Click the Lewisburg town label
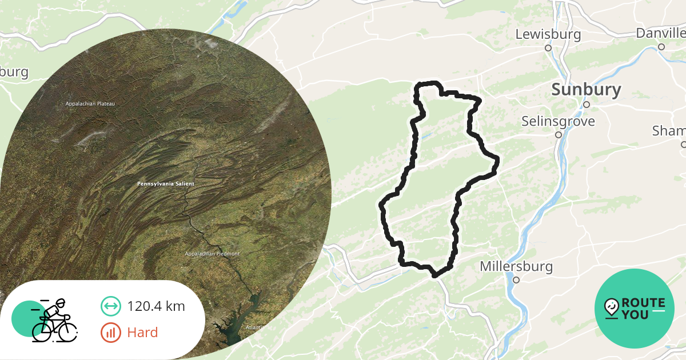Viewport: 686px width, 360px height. tap(548, 34)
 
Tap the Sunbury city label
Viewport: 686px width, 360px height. tap(586, 90)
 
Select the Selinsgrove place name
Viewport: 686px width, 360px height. tap(558, 121)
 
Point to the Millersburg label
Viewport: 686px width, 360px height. tap(516, 266)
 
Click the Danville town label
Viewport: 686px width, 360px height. tap(660, 33)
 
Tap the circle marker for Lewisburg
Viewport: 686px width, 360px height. tap(548, 48)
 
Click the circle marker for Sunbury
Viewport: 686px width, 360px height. tap(586, 105)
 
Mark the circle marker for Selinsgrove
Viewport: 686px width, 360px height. tap(559, 135)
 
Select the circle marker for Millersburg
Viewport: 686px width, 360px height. tap(516, 280)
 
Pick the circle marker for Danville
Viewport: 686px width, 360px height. tap(661, 47)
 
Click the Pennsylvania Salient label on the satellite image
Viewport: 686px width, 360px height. tap(166, 184)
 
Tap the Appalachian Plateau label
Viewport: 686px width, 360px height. tap(90, 104)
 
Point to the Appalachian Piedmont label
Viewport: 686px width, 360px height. tap(212, 253)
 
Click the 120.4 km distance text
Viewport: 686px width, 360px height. tap(156, 306)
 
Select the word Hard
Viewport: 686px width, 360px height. tap(142, 332)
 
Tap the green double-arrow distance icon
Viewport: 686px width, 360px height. tap(110, 306)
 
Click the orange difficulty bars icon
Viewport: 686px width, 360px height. tap(110, 332)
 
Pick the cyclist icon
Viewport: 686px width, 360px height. tap(53, 320)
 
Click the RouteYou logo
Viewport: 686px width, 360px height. tap(635, 308)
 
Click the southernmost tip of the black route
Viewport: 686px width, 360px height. tap(436, 275)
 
